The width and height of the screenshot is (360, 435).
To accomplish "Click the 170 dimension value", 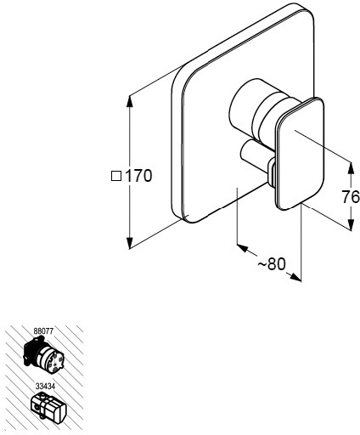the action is (138, 176).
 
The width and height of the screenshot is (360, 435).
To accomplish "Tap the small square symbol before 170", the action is (116, 176).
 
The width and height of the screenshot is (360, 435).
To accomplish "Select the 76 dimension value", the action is (351, 197).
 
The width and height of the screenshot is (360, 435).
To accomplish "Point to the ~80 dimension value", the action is (272, 264).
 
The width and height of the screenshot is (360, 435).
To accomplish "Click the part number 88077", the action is (43, 331).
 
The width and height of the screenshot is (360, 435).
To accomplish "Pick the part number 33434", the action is (45, 386).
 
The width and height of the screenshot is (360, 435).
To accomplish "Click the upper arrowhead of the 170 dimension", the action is (129, 102).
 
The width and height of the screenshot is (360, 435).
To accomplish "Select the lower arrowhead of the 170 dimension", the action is (129, 244).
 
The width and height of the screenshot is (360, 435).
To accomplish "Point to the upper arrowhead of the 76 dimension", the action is (351, 167).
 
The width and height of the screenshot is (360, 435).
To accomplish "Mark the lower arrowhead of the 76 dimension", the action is (351, 224).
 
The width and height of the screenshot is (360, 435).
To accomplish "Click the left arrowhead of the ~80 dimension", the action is (242, 248).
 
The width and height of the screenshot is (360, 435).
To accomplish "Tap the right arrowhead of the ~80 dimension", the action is (295, 277).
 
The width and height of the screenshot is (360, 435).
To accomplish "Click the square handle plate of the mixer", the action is (299, 154).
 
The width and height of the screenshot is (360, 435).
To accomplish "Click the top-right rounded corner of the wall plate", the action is (308, 10).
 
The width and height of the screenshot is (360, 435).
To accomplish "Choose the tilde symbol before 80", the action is (262, 265).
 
